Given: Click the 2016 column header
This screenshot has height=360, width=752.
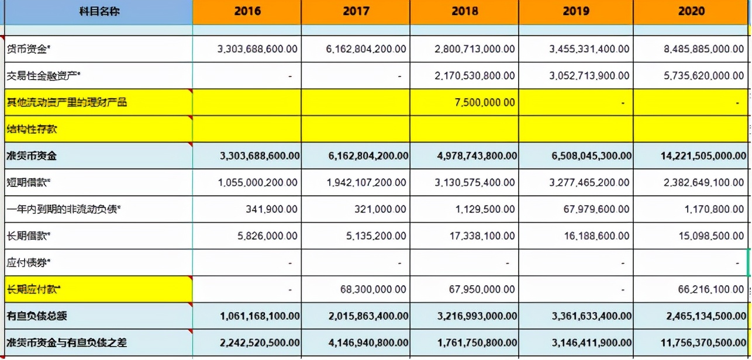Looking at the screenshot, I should coord(247,11).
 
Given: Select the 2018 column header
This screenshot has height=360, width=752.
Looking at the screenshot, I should coord(465,11).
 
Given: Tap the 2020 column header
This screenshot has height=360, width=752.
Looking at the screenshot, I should coord(692,11).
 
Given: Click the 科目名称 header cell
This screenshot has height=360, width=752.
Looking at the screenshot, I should coord(99,11).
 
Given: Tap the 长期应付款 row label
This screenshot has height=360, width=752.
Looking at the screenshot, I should coord(34,289).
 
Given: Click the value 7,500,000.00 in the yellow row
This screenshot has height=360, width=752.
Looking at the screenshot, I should coord(485,103).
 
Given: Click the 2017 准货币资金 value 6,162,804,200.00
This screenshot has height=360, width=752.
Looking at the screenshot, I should coord(367,156).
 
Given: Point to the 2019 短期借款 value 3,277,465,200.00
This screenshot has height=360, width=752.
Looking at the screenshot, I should coord(589,183).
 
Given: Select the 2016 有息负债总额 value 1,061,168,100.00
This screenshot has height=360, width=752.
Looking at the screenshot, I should coord(260,316).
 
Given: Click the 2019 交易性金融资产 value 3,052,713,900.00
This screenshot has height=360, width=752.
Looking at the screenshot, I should coord(589,76).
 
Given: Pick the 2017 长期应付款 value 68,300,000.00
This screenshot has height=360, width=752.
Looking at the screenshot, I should coord(373,289).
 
